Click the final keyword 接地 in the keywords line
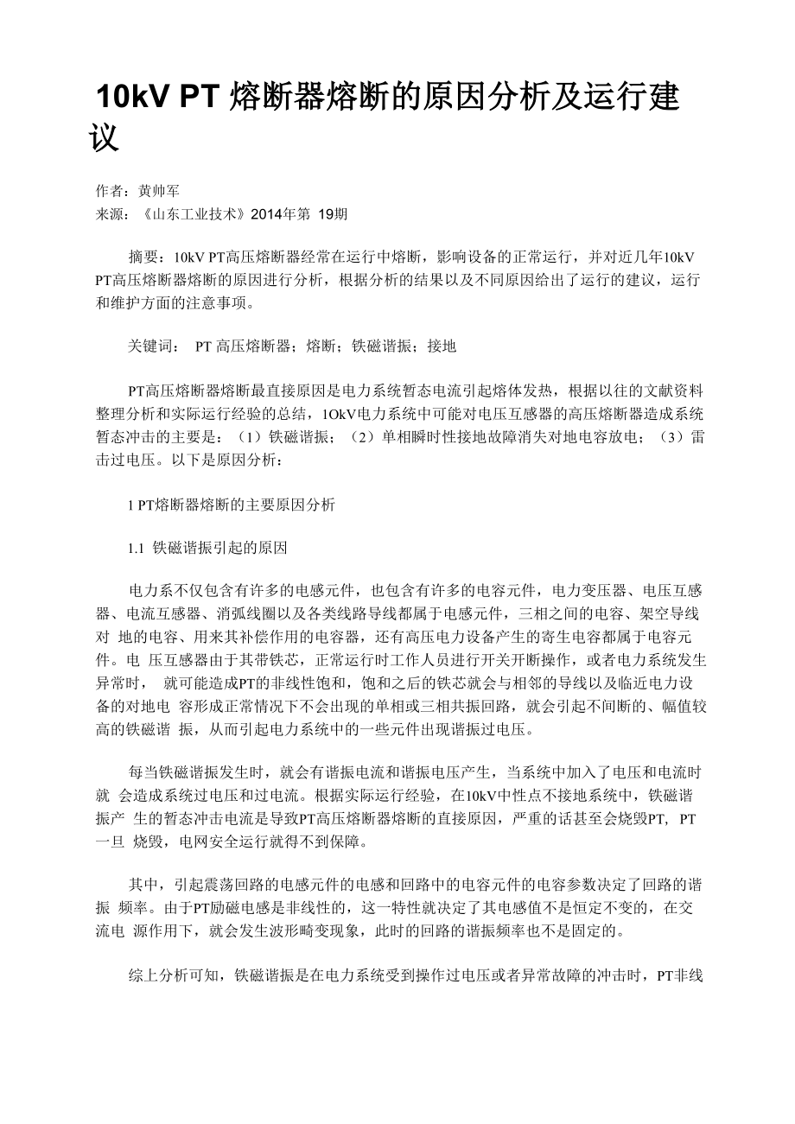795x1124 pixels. coord(442,346)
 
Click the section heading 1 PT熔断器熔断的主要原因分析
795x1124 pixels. coord(231,505)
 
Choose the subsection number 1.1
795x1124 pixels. coord(137,549)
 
